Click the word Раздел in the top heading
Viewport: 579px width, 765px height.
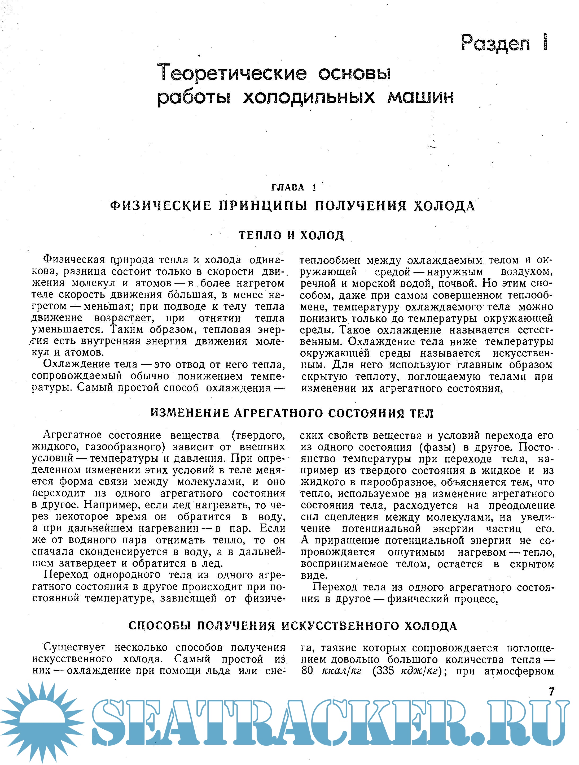point(495,43)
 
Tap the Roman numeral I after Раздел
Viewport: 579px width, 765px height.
point(545,42)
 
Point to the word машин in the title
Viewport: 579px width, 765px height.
point(420,97)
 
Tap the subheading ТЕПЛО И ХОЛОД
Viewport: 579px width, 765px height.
point(291,236)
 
